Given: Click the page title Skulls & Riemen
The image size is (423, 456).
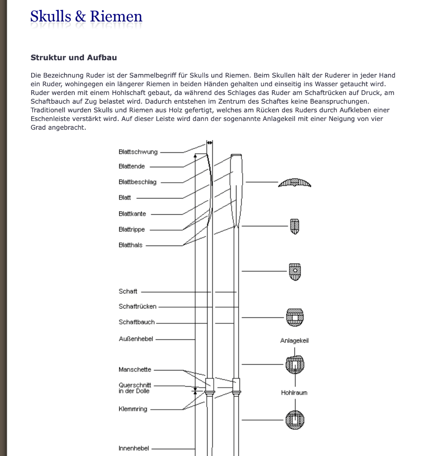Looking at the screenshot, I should (x=86, y=17).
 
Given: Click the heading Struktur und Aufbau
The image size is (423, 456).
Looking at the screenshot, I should (x=73, y=58).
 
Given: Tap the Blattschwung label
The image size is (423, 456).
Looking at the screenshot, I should (x=138, y=152).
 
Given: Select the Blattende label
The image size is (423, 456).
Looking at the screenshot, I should (x=132, y=167).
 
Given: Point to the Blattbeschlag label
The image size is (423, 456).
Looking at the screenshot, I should (x=137, y=182).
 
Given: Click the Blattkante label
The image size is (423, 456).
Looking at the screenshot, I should (x=132, y=214).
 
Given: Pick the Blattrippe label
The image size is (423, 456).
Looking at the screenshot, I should (x=132, y=230).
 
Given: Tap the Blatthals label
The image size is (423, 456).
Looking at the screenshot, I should (x=130, y=245).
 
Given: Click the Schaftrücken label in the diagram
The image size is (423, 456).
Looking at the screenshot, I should (x=137, y=306).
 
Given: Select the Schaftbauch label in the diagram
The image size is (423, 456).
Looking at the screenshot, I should (x=137, y=322).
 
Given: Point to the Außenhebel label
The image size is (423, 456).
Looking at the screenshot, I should (x=136, y=339).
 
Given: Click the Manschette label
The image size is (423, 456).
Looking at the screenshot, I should (x=135, y=370).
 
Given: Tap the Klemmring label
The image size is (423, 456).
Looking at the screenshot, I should (x=133, y=409).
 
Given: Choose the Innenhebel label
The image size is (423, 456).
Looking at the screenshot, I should (x=134, y=449).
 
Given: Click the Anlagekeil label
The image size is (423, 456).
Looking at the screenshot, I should (x=294, y=341).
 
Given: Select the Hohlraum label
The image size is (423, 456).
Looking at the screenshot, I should (x=294, y=393).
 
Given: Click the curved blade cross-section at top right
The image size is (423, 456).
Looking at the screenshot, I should (x=295, y=182).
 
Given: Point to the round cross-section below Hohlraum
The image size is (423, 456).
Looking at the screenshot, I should (x=295, y=420).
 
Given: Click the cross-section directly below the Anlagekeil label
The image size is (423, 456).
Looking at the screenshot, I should (x=295, y=365).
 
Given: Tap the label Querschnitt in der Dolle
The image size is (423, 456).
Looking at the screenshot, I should (x=135, y=388).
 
